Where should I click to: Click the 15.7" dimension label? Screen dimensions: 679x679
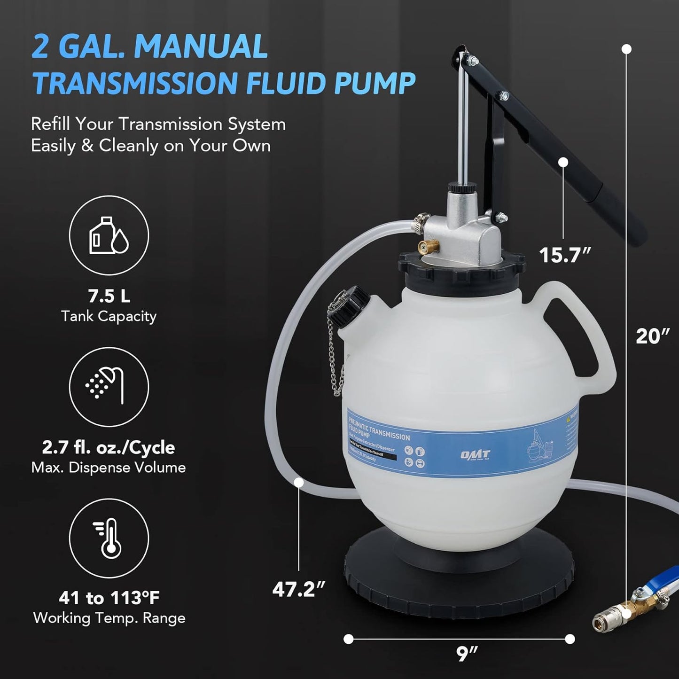point(564,255)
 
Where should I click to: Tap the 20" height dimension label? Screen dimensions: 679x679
point(653,336)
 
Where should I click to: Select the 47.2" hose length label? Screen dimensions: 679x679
point(298,589)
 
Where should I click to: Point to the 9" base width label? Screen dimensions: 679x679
point(467,654)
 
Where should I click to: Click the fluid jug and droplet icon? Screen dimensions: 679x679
point(109,235)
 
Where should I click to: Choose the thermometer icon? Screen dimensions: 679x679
point(109,538)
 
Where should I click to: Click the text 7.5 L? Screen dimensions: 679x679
point(109,296)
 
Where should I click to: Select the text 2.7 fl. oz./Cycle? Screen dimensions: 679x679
point(109,447)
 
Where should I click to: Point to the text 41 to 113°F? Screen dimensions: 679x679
point(109,598)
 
